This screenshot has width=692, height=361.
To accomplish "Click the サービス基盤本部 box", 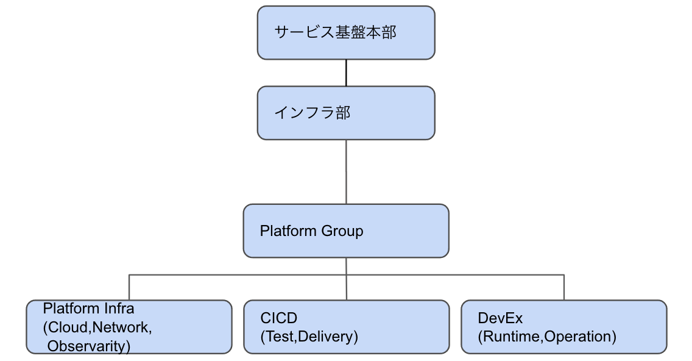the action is [x=346, y=33].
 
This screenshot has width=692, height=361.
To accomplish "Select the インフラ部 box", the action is [x=346, y=113].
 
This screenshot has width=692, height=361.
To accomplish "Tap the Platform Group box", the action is [x=346, y=231].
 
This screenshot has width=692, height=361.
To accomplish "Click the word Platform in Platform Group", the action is [x=288, y=231].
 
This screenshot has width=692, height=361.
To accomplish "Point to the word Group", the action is [x=342, y=231].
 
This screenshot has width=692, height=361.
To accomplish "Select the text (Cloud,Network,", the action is [x=97, y=327].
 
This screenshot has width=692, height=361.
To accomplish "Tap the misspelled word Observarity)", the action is [x=89, y=346].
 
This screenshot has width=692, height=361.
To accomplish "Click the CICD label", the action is [x=279, y=318].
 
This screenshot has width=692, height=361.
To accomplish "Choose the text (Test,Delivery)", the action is [x=309, y=337].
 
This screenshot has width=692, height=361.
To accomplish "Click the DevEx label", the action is [x=500, y=318].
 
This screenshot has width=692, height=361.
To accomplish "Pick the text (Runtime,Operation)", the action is [x=547, y=337].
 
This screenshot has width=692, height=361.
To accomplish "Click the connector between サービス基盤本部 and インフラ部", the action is [x=346, y=73].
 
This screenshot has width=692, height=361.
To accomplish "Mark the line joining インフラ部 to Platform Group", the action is [x=346, y=172].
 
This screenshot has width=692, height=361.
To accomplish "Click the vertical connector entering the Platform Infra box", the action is [x=129, y=287].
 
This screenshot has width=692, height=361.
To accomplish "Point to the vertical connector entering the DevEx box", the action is [x=564, y=287].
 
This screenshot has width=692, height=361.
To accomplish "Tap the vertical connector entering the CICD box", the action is [x=347, y=279].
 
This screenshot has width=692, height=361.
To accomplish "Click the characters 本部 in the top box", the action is [x=381, y=32].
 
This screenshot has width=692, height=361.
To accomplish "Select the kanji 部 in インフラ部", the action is [x=343, y=113].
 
